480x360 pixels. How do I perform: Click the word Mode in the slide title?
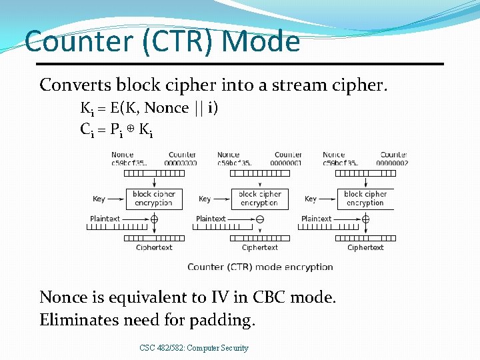point(261,41)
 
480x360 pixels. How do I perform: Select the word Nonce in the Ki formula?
point(167,108)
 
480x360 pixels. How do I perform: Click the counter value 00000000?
point(181,163)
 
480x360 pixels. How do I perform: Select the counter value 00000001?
point(287,163)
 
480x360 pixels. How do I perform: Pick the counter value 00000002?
point(392,163)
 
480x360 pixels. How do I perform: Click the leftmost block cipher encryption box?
point(154,199)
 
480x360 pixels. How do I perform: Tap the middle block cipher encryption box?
point(260,199)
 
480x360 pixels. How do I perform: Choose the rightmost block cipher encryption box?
point(365,199)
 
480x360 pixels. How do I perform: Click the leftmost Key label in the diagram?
point(99,199)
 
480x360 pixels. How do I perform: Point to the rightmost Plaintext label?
point(316,219)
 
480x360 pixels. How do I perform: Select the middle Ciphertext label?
point(260,247)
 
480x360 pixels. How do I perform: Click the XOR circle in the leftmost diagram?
point(154,219)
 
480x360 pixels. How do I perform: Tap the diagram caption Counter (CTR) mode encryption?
point(260,267)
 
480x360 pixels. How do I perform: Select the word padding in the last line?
point(222,320)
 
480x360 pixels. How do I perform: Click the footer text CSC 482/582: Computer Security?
point(194,348)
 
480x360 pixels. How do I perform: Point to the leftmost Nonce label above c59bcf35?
point(122,155)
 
